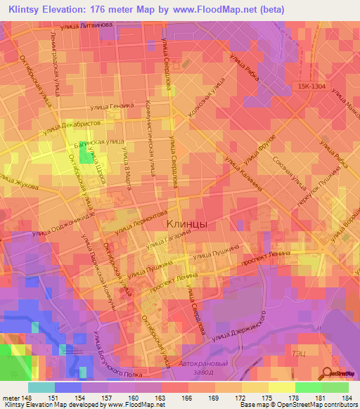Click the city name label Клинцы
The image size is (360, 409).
click(188, 223)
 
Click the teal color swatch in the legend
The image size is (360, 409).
click(41, 387)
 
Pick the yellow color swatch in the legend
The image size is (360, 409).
click(281, 387)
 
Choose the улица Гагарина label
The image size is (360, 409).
click(164, 242)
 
